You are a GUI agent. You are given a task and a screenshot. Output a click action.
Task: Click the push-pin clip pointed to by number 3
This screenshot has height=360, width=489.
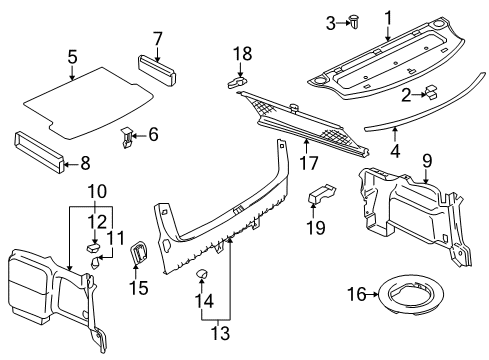353,22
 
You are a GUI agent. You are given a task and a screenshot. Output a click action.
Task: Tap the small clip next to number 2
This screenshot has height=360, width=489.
431,92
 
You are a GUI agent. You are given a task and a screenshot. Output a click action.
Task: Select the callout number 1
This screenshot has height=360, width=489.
388,18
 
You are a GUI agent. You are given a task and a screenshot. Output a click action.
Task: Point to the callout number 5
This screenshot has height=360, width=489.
72,57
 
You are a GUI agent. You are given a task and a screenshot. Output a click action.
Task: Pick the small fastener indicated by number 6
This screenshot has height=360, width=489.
126,137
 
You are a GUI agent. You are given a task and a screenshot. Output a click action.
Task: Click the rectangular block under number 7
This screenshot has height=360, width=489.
157,71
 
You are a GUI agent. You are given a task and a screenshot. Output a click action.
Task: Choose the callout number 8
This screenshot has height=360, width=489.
85,163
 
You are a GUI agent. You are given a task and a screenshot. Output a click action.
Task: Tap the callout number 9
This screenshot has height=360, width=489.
427,161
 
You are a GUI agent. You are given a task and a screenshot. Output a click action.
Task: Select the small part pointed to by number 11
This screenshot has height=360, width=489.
95,262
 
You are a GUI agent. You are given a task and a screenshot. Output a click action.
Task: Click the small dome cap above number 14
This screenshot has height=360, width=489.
201,274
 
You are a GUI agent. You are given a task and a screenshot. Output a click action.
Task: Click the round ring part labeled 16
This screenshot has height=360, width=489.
412,294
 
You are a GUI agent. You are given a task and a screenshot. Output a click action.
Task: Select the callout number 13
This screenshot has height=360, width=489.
220,333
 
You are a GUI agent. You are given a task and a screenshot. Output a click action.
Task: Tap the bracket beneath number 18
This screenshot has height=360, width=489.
237,82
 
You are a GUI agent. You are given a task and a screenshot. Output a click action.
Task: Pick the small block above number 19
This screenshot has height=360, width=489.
322,193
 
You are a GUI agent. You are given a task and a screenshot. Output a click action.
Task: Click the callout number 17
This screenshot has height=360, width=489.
309,163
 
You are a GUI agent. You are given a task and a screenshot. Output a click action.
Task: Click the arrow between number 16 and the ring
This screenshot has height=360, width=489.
373,294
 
